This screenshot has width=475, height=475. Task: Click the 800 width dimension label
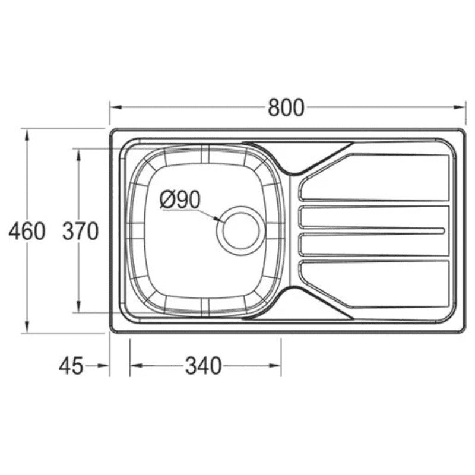(x=286, y=107)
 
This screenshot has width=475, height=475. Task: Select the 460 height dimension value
(x=27, y=231)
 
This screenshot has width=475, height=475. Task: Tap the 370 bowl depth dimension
(x=80, y=231)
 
